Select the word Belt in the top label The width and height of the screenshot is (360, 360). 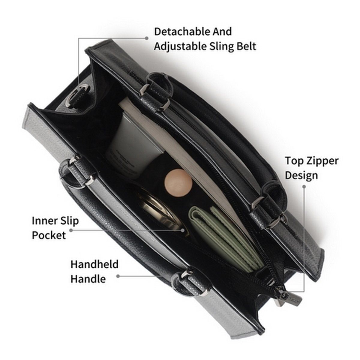tap(246, 46)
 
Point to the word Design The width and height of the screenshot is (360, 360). tap(301, 176)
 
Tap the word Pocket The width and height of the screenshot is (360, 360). tap(49, 235)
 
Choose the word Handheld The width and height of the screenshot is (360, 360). tap(94, 264)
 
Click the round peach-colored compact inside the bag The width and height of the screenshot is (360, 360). tap(178, 183)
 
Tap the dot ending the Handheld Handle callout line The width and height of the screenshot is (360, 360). tap(118, 276)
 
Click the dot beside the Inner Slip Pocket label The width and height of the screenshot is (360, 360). tap(71, 230)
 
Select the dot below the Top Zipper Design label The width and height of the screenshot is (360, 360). tap(304, 186)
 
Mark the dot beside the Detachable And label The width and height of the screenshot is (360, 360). tap(147, 38)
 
